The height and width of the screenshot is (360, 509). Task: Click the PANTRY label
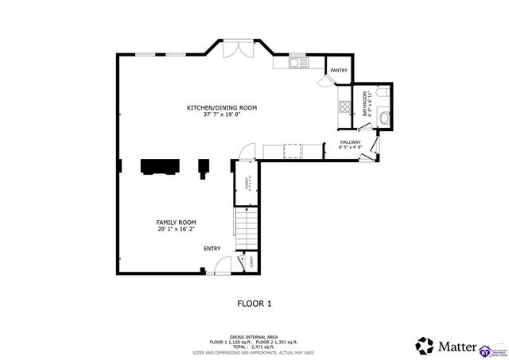(338, 71)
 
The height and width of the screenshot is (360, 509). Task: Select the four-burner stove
(345, 106)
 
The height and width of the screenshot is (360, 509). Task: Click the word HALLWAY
(350, 142)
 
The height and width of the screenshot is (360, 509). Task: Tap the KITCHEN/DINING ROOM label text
(222, 107)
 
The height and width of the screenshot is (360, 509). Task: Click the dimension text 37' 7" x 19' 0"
(222, 114)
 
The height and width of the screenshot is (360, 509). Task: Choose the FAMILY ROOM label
(176, 223)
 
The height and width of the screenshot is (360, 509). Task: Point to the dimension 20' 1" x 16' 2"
(176, 230)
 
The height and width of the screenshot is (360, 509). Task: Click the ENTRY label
(212, 249)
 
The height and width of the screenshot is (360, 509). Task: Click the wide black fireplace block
(160, 165)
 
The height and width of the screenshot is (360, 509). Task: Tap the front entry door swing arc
(224, 265)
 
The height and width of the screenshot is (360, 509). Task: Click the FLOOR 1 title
(254, 303)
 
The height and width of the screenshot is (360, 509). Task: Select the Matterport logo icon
(425, 346)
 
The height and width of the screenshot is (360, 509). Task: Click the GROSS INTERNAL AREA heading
(254, 336)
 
